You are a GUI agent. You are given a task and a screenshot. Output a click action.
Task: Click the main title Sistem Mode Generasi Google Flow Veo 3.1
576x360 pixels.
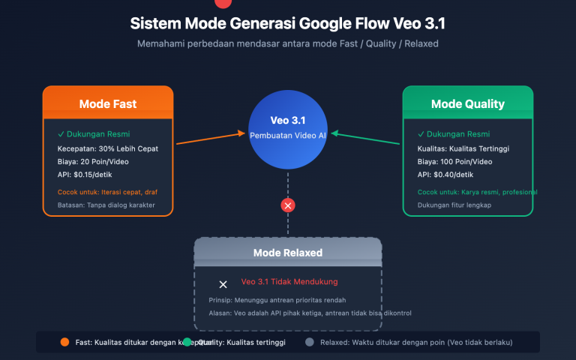tap(288, 23)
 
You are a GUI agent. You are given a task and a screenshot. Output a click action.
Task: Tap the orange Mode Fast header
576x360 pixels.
tap(108, 104)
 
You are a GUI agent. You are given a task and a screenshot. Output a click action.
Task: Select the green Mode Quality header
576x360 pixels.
tap(467, 104)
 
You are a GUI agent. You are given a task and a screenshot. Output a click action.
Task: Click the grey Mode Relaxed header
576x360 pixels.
tap(288, 253)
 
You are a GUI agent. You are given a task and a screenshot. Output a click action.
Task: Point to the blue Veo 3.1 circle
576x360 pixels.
tap(288, 127)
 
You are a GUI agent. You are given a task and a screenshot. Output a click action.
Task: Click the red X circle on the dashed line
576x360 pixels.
tap(288, 205)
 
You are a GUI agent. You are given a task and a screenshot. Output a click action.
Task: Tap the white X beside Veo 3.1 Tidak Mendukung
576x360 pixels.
tap(223, 284)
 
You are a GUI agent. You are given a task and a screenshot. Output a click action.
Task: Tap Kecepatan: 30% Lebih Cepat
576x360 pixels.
tap(108, 148)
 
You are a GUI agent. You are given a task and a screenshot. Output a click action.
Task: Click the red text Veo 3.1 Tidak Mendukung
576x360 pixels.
tap(289, 282)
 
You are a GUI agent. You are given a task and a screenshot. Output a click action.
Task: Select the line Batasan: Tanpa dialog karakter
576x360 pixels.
tap(106, 204)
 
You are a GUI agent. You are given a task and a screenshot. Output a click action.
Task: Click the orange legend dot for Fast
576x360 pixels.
tap(64, 342)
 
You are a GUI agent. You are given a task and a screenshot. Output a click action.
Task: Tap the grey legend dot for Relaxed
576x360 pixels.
tap(309, 342)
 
